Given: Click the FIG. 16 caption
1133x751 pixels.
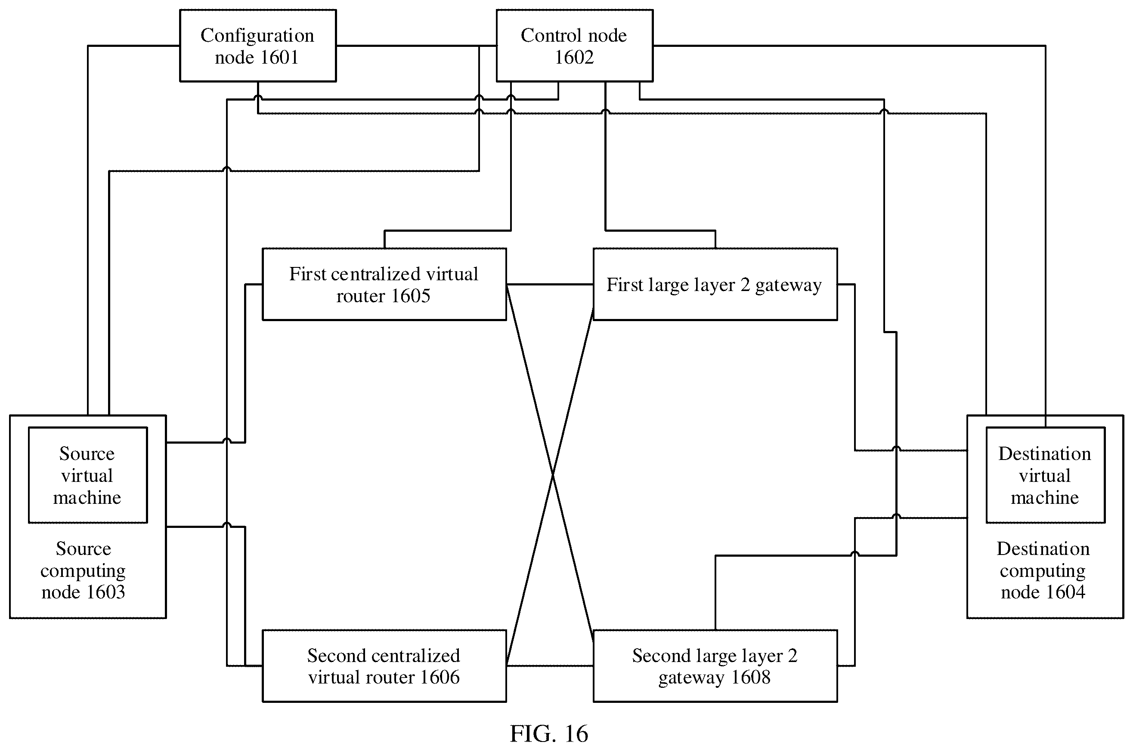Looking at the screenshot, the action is pos(548,733).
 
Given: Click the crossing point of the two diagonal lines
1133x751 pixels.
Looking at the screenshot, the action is pos(552,475).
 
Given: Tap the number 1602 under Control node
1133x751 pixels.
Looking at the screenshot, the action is pos(574,58).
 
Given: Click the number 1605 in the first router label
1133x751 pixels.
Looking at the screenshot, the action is pos(410,296).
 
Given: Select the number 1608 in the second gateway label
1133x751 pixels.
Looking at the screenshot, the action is pos(750,677).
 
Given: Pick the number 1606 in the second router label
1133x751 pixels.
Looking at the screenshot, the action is pos(440,677).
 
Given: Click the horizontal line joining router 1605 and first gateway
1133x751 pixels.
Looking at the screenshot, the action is pos(550,285).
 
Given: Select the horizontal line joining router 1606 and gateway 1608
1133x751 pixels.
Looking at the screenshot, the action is pos(550,666).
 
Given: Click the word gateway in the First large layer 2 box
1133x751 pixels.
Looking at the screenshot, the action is pos(788,286).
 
